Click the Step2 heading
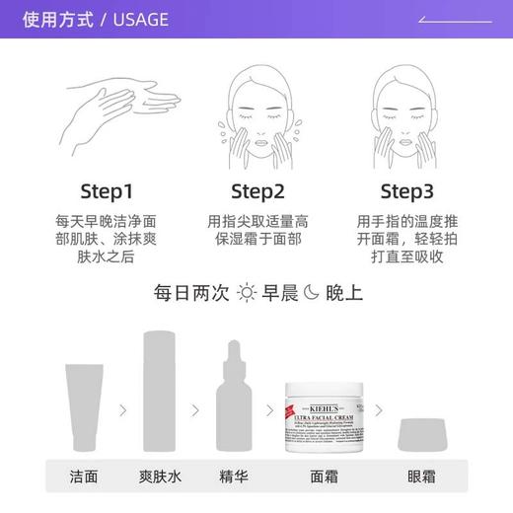click(x=257, y=190)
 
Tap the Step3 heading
click(x=407, y=190)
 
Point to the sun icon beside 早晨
click(x=246, y=293)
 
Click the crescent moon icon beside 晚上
click(x=311, y=293)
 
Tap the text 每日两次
click(x=191, y=293)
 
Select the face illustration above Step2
click(x=257, y=110)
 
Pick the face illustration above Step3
click(x=407, y=110)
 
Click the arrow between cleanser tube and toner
click(x=122, y=409)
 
